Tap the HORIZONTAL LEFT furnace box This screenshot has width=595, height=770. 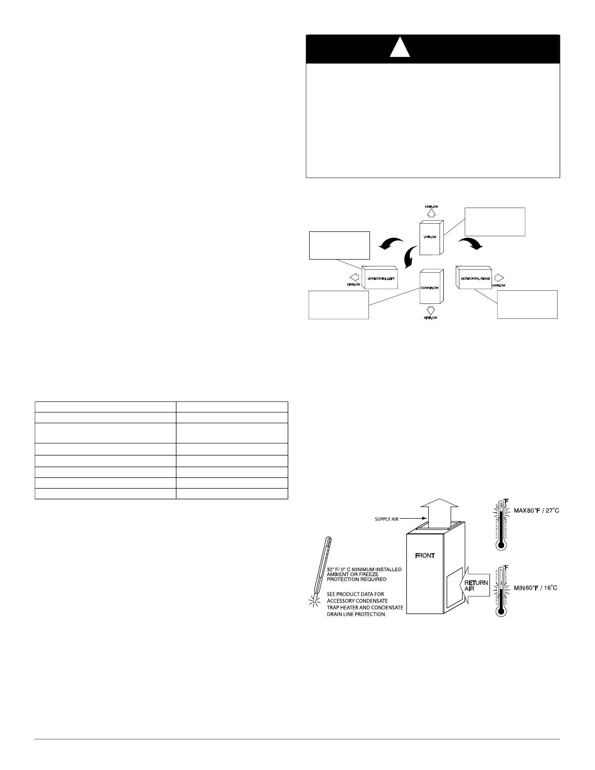pos(380,278)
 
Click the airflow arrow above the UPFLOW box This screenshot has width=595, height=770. pos(432,214)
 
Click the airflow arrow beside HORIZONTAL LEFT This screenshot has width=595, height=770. pos(355,277)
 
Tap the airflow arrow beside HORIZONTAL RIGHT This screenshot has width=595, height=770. pos(499,277)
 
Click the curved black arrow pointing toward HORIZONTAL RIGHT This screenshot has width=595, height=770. pos(472,243)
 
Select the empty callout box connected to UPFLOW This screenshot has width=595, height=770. pos(495,222)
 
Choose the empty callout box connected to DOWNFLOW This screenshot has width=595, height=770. pos(339,305)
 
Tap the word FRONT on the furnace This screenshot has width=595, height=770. pos(425,556)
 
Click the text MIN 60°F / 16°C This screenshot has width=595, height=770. pos(536,588)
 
